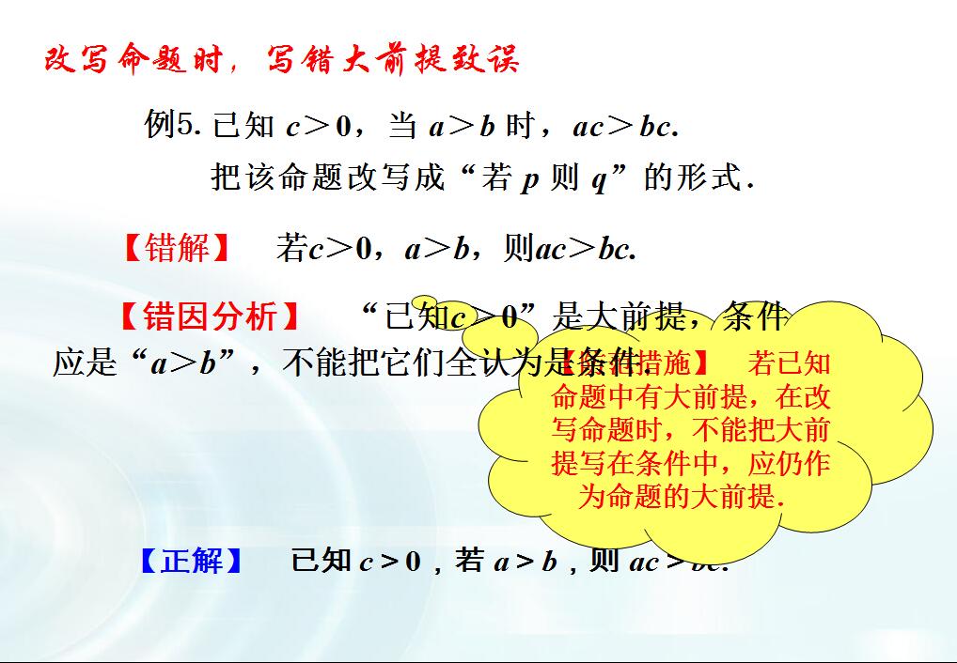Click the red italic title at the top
[282, 61]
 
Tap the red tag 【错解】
[178, 248]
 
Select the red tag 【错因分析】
[211, 316]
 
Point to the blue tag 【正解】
[192, 562]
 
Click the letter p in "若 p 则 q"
[530, 178]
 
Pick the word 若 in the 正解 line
[469, 562]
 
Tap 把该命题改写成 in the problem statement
[328, 177]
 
